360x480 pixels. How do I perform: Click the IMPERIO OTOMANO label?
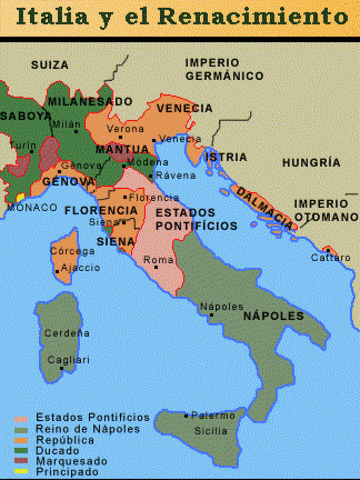point(325,209)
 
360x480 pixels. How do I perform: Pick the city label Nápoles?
point(222,306)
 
